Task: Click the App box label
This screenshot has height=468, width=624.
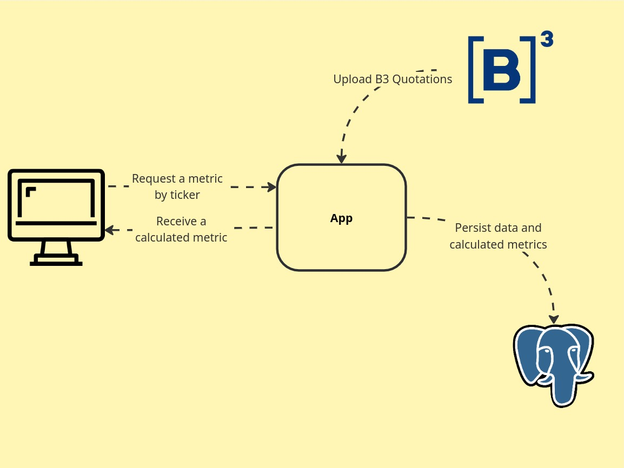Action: (x=341, y=218)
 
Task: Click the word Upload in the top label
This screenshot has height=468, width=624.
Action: (x=353, y=79)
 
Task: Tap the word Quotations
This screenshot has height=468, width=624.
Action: (x=422, y=79)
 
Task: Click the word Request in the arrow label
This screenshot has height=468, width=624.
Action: (x=153, y=179)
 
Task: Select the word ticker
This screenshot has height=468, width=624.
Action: (x=185, y=195)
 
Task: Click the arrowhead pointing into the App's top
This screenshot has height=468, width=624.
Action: (x=341, y=158)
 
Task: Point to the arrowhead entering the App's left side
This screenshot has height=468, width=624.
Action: (x=273, y=187)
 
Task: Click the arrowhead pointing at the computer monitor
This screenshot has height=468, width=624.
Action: (x=109, y=230)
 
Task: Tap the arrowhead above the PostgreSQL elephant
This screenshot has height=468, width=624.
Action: (x=554, y=319)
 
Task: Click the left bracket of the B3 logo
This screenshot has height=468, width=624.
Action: (x=474, y=70)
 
